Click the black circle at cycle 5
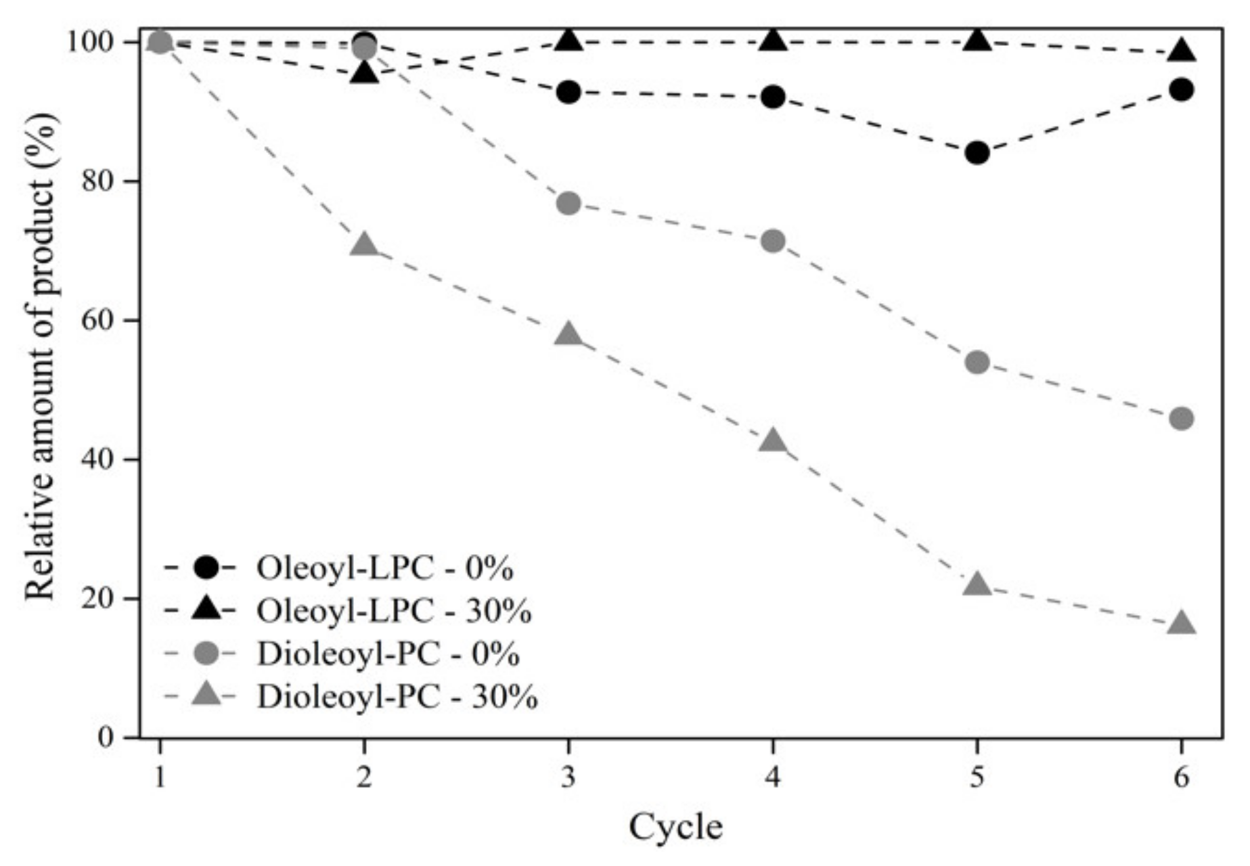(977, 154)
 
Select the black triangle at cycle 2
(364, 72)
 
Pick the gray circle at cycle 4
(772, 241)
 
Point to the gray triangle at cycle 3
(568, 335)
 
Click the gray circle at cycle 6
(1181, 419)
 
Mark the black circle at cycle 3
(568, 92)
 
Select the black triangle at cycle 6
(1182, 51)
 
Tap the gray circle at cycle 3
(568, 203)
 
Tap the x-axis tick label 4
(772, 778)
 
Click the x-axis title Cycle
(675, 827)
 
